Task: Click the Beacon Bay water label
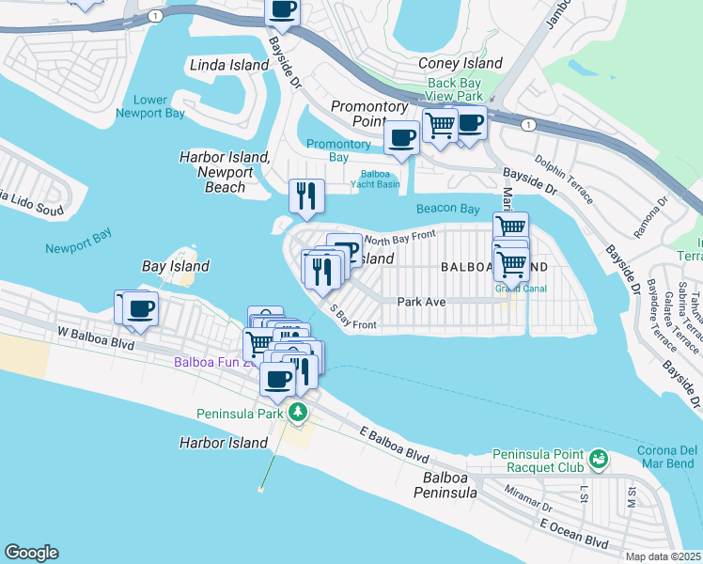[448, 208]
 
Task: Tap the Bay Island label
[175, 266]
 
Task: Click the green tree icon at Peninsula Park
[298, 412]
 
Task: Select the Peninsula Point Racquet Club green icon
[598, 460]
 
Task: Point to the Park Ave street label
[420, 302]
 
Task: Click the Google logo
[31, 553]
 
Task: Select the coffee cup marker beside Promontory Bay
[402, 137]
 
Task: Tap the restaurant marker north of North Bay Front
[306, 195]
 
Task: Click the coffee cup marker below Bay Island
[141, 307]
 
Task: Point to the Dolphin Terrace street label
[563, 181]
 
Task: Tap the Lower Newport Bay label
[150, 106]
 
